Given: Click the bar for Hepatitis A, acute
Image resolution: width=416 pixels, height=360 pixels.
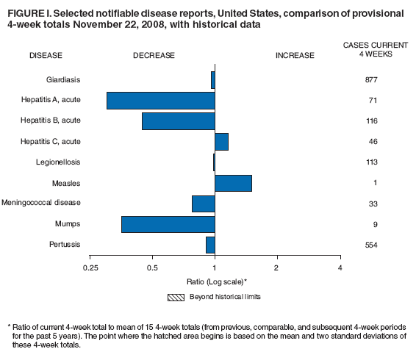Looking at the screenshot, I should tap(160, 100).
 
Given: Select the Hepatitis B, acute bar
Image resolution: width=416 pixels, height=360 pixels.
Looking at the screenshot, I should tap(178, 120).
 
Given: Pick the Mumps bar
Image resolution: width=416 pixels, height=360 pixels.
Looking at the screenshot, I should tap(168, 224).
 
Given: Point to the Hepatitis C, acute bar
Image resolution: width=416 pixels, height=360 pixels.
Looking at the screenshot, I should tap(221, 141).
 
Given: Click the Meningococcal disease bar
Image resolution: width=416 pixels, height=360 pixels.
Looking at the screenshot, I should tap(203, 204).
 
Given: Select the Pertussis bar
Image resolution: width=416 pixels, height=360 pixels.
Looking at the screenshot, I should tap(210, 245).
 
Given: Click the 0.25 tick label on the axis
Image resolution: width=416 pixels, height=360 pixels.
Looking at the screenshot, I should tap(90, 267).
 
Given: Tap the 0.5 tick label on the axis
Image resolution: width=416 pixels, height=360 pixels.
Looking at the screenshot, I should tap(152, 267).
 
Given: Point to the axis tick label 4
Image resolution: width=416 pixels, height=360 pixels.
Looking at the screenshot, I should tap(340, 267).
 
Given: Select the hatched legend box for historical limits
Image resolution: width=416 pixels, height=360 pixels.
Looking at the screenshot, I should tap(176, 298).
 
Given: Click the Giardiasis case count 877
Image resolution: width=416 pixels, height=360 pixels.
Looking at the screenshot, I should tap(370, 79).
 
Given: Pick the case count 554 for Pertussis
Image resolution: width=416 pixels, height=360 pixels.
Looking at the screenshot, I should tap(370, 245).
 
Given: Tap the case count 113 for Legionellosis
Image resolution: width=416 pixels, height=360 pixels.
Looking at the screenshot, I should tap(370, 162).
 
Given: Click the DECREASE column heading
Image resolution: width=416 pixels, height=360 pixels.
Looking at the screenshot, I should tap(154, 55).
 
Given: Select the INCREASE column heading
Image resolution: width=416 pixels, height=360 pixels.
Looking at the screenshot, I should tap(294, 55).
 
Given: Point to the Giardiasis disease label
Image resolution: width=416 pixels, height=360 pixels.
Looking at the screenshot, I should tap(62, 79).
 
